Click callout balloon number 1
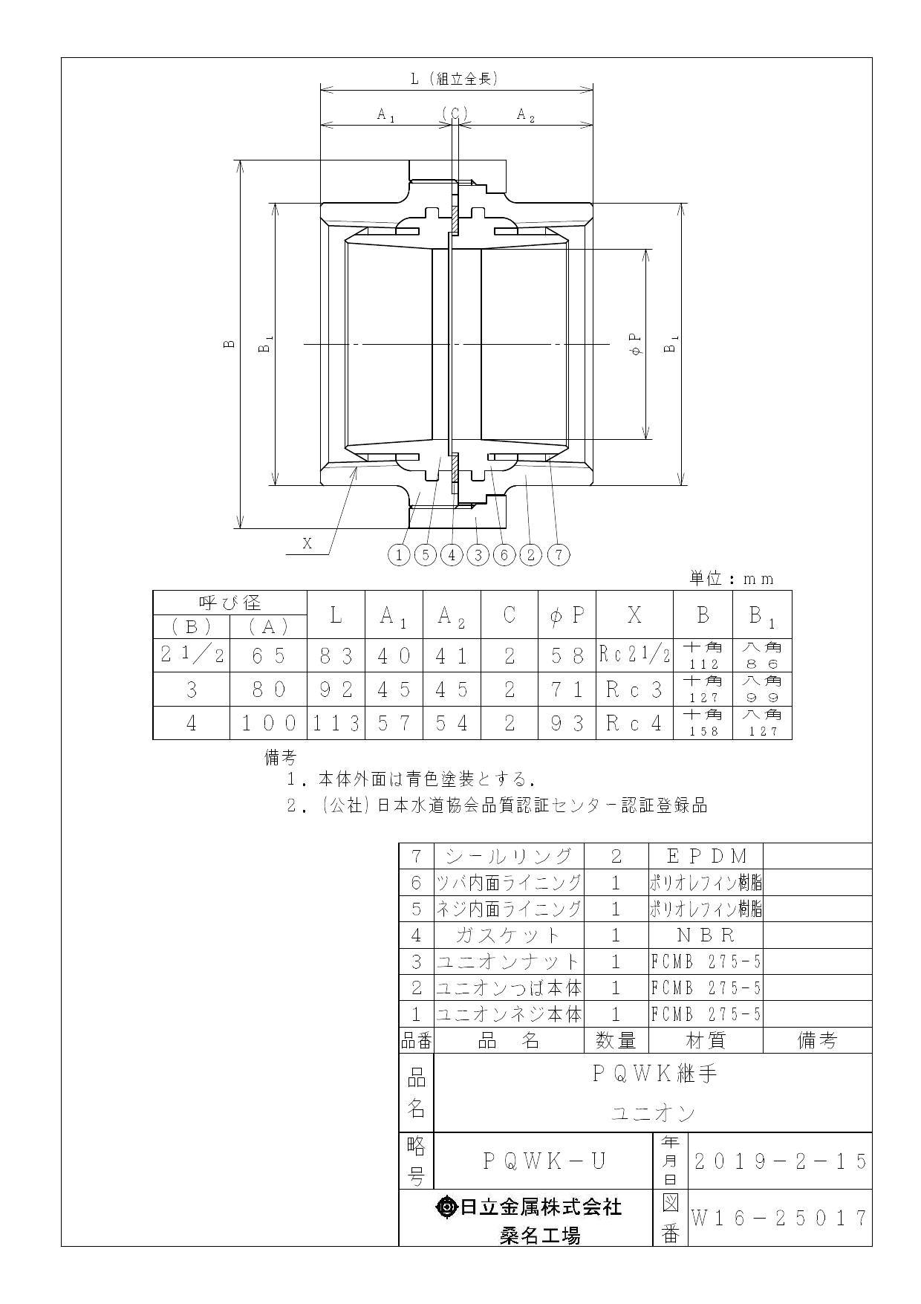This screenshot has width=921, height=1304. click(x=400, y=554)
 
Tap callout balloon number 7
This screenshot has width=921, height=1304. click(x=559, y=554)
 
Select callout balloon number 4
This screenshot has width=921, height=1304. click(x=452, y=554)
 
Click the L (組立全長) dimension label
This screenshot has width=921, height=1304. click(x=455, y=78)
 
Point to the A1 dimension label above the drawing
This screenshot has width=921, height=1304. click(x=385, y=114)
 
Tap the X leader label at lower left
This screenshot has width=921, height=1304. click(x=307, y=543)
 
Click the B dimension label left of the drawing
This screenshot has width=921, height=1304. click(x=230, y=343)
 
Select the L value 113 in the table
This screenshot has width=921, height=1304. click(x=336, y=723)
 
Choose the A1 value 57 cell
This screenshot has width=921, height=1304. click(x=394, y=723)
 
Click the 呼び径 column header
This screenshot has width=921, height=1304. click(x=230, y=602)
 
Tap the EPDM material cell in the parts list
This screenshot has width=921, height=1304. click(x=706, y=856)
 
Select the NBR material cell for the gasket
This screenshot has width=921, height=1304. click(x=706, y=935)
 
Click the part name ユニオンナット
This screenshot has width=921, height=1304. click(x=508, y=961)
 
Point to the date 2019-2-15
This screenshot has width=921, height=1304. click(x=779, y=1161)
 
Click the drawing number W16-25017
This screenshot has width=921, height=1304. click(x=779, y=1218)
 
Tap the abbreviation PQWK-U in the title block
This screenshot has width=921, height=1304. click(x=544, y=1161)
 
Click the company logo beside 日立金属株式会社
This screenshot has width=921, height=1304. click(x=448, y=1207)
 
